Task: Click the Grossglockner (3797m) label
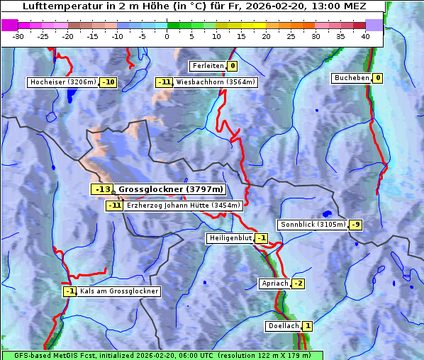point(171,190)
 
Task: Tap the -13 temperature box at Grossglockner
point(102,190)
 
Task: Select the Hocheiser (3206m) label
point(63,82)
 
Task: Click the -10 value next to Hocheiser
point(108,82)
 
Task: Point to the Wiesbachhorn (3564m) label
point(216,82)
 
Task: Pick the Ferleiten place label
point(208,66)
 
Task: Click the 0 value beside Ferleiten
point(233,66)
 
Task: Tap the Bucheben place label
point(352,78)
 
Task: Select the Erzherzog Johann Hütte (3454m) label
point(184,206)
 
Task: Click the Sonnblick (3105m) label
point(313,225)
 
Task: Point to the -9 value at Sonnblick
point(356,225)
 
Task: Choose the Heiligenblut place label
point(230,238)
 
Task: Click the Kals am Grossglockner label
point(118,291)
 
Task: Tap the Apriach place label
point(274,283)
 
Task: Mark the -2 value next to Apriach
point(299,283)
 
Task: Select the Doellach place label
point(284,326)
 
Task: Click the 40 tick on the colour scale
point(365,36)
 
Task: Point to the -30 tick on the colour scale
point(18,36)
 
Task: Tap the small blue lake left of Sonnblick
point(326,213)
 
